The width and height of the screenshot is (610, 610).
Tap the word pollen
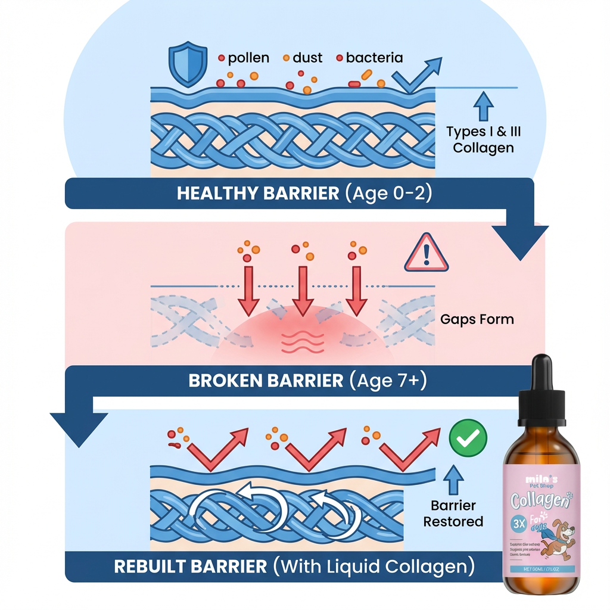click(x=248, y=58)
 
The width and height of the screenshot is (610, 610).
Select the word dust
click(x=307, y=58)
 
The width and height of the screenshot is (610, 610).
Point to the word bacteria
click(x=374, y=58)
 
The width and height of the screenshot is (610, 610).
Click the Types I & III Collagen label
click(x=483, y=139)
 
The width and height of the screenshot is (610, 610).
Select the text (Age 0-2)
click(x=387, y=194)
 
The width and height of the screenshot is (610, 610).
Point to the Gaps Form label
click(x=477, y=319)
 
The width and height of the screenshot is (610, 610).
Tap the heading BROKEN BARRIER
click(x=266, y=381)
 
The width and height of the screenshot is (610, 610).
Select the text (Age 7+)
click(x=388, y=381)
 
